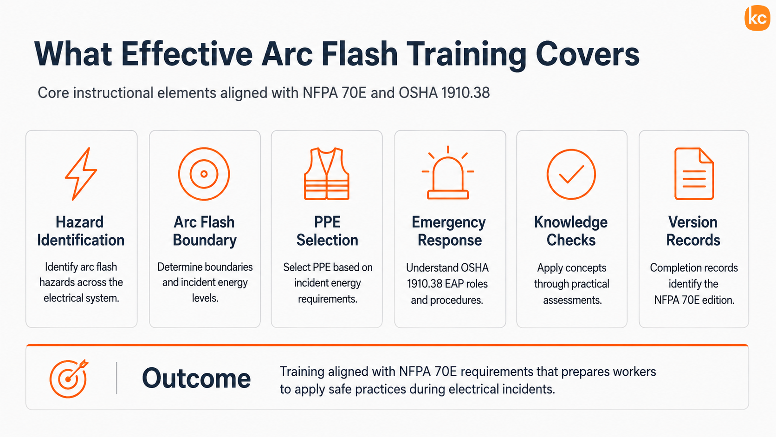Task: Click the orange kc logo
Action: pos(757,18)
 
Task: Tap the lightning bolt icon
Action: pos(81,174)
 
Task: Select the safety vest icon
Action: pos(326,174)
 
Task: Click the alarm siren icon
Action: pos(448,172)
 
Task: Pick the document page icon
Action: pos(694,174)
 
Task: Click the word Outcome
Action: pos(196,378)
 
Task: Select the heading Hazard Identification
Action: pos(81,231)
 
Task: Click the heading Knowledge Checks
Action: pos(571,231)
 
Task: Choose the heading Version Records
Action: pos(693,231)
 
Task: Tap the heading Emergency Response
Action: pos(449,231)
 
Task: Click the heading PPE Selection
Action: pos(327,231)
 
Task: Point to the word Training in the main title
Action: pos(466,55)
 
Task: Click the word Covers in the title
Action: pos(588,55)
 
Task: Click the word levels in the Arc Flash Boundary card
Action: pos(205,298)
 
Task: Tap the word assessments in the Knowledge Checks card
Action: pos(572,300)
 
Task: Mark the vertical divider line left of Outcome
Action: pos(116,378)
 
